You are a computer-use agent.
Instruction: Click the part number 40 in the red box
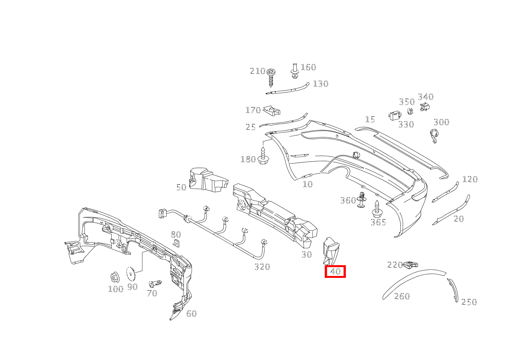tap(335, 271)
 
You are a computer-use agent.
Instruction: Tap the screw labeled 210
tap(271, 78)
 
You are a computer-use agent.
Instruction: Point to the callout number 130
tap(321, 84)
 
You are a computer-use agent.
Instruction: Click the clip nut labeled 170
tap(272, 111)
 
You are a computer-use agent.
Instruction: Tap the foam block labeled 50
tap(208, 180)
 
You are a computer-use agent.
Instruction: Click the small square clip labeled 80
tap(176, 243)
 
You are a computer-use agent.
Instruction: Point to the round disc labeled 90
tap(131, 274)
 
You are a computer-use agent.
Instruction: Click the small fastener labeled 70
tap(155, 284)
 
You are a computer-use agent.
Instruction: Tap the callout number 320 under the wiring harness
tap(262, 267)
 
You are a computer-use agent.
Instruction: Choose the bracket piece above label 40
tap(331, 251)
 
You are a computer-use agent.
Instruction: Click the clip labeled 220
tap(410, 264)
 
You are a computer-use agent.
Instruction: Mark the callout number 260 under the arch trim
tap(402, 296)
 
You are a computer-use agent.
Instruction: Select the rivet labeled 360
tap(362, 200)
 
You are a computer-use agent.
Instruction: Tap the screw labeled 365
tap(377, 209)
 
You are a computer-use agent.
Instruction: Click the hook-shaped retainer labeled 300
tap(434, 136)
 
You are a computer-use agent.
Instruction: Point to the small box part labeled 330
tap(394, 116)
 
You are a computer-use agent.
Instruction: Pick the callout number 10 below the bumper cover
tap(308, 184)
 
